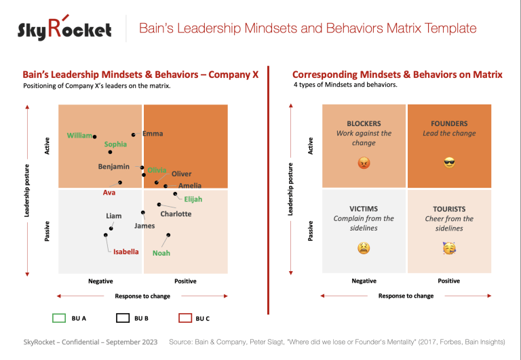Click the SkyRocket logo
pos(65,28)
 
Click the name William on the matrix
pos(79,136)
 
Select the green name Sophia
pos(115,144)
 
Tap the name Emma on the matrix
pos(153,134)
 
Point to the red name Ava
pos(109,192)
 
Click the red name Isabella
pos(126,252)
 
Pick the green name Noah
pos(161,253)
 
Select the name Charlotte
pos(176,214)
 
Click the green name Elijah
pos(193,199)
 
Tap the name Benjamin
pos(113,167)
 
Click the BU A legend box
pos(59,317)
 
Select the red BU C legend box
pos(184,317)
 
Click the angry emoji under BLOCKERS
pos(364,163)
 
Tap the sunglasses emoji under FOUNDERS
pos(448,163)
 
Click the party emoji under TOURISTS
pos(448,248)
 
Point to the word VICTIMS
pos(364,209)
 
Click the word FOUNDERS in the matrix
pos(448,124)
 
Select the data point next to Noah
pos(168,235)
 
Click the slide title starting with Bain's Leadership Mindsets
pos(307,28)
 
